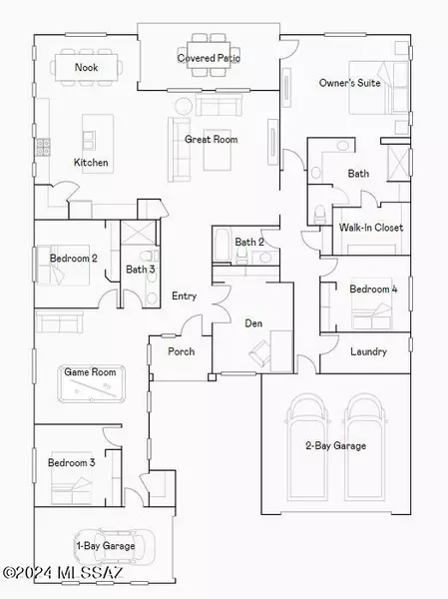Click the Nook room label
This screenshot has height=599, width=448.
coord(86,68)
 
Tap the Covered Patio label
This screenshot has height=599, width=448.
coord(209,58)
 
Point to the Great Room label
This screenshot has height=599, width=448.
coord(209,140)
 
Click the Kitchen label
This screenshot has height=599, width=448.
coord(91,162)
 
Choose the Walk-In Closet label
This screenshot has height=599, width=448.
coord(371,228)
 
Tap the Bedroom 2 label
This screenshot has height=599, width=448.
coord(73,259)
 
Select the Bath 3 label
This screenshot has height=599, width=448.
coord(140,269)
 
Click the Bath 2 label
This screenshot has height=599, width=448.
coord(249,242)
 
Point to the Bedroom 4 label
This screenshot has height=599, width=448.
coord(373,290)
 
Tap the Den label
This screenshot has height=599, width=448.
coord(254,322)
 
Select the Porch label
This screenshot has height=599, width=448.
coord(181,351)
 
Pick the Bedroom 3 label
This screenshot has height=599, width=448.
coord(72,463)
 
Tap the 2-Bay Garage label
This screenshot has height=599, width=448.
coord(336,445)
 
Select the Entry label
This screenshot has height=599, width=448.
coord(184,297)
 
